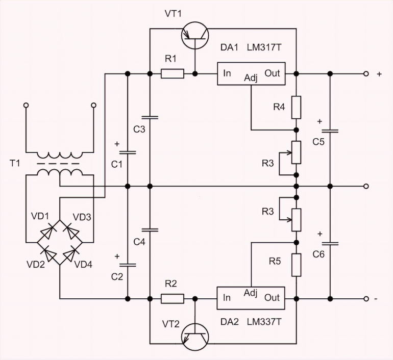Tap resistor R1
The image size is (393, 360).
click(173, 74)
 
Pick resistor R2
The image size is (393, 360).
click(173, 299)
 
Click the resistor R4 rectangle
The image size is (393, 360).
click(296, 107)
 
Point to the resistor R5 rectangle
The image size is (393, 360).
click(296, 264)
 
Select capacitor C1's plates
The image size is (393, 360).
click(127, 151)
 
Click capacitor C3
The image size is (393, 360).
click(150, 117)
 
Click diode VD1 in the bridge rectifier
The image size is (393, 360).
click(47, 232)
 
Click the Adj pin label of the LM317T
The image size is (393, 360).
click(251, 78)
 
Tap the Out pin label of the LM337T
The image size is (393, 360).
click(272, 298)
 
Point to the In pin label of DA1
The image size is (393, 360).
click(227, 73)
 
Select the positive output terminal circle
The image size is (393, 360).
click(365, 74)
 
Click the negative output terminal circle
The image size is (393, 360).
click(365, 299)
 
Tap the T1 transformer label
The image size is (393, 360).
click(15, 164)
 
